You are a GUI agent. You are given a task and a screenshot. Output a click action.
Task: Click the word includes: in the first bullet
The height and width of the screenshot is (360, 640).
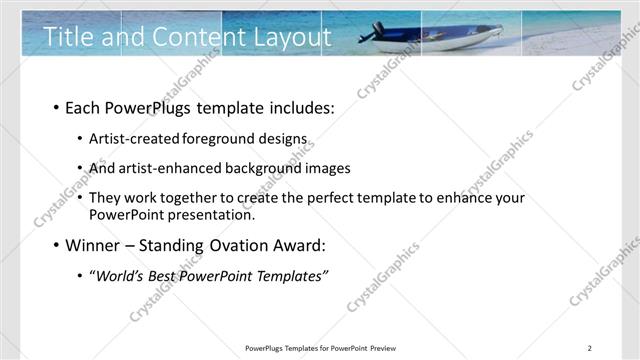pos(299,108)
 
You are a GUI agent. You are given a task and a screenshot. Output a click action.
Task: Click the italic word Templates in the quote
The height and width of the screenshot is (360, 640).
pos(289,275)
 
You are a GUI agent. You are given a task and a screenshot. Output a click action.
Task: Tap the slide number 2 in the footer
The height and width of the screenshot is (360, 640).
pos(589,348)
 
